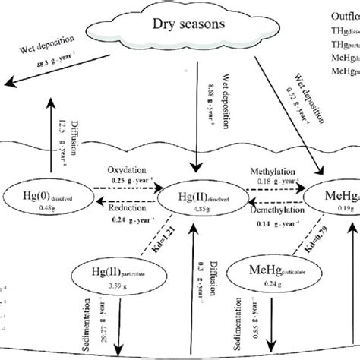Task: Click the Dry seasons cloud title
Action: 188,24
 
